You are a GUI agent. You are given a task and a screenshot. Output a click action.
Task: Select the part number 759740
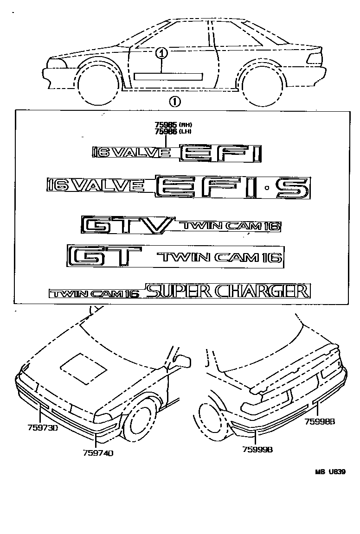click(97, 453)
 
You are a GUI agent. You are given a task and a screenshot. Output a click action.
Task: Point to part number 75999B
click(257, 449)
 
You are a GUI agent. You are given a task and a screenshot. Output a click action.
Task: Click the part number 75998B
click(320, 421)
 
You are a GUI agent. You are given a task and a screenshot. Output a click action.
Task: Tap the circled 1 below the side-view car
click(174, 101)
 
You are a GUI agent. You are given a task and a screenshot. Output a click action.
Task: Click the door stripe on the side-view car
click(169, 76)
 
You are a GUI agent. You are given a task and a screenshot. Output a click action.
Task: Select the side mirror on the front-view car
click(182, 361)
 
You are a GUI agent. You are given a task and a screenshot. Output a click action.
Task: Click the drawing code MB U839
click(331, 472)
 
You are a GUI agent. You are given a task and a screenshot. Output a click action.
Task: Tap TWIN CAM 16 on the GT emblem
click(219, 257)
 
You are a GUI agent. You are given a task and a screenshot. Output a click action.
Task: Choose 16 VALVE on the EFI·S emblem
click(96, 185)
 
